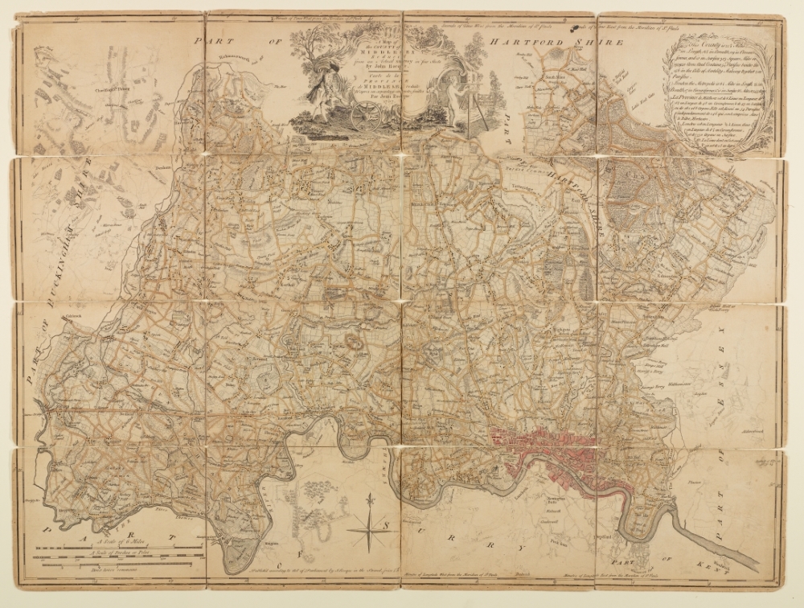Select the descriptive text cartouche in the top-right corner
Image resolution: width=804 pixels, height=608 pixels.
tap(713, 88)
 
